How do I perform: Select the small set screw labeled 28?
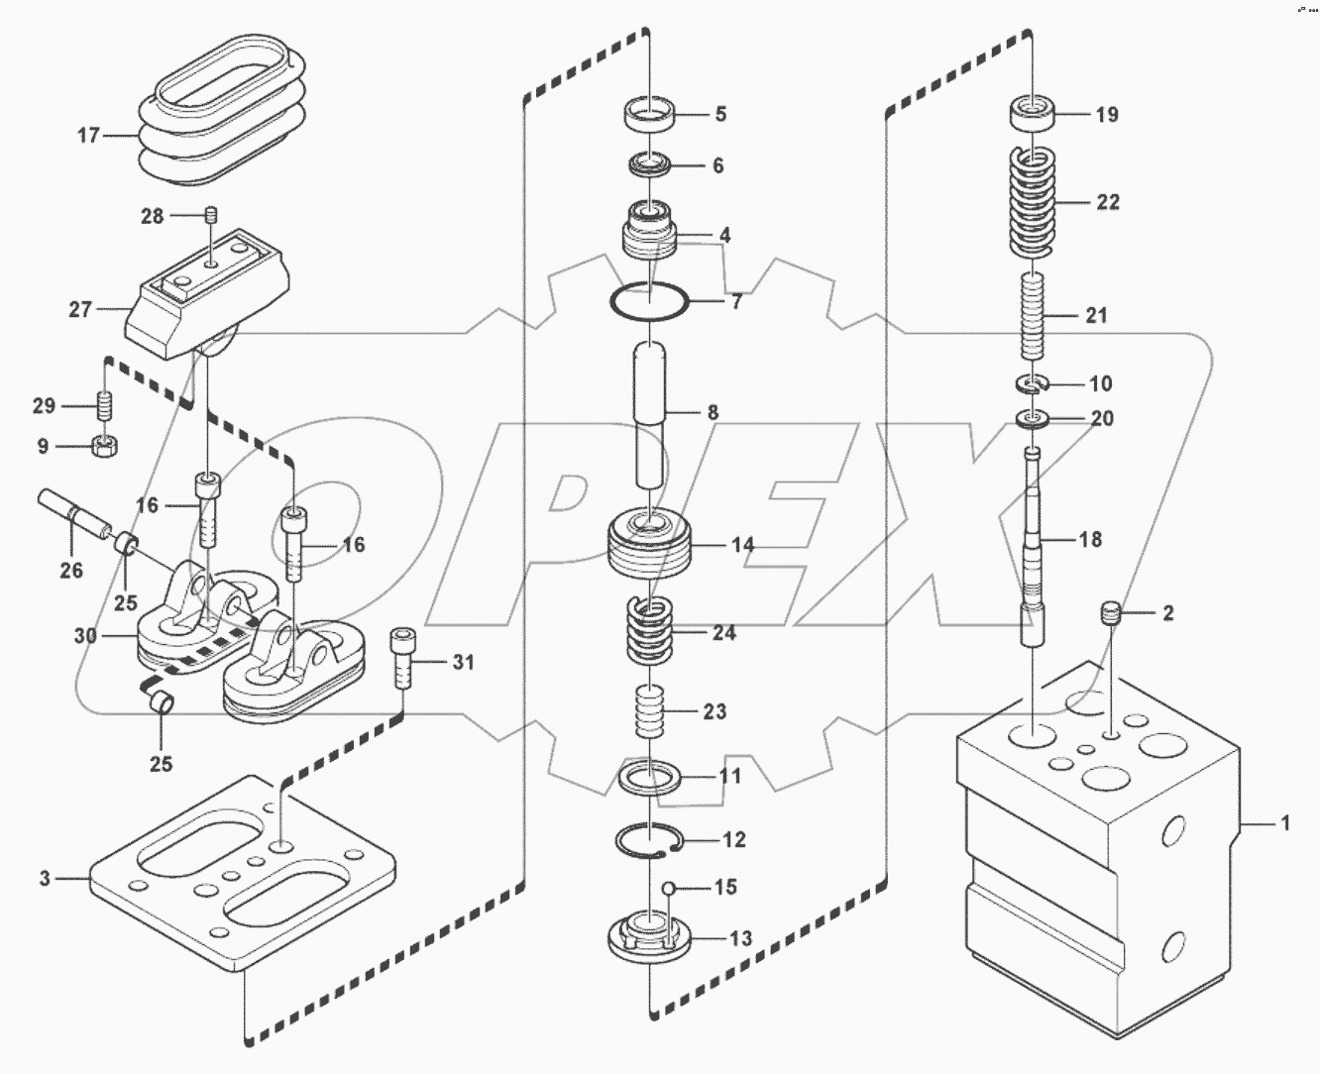[x=209, y=215]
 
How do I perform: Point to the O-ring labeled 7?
[x=648, y=301]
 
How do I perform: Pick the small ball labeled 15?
[x=670, y=888]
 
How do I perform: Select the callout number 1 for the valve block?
[x=1285, y=822]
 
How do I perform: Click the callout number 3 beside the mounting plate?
[x=45, y=878]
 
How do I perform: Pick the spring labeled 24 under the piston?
[x=648, y=632]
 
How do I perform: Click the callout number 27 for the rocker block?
[x=80, y=310]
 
